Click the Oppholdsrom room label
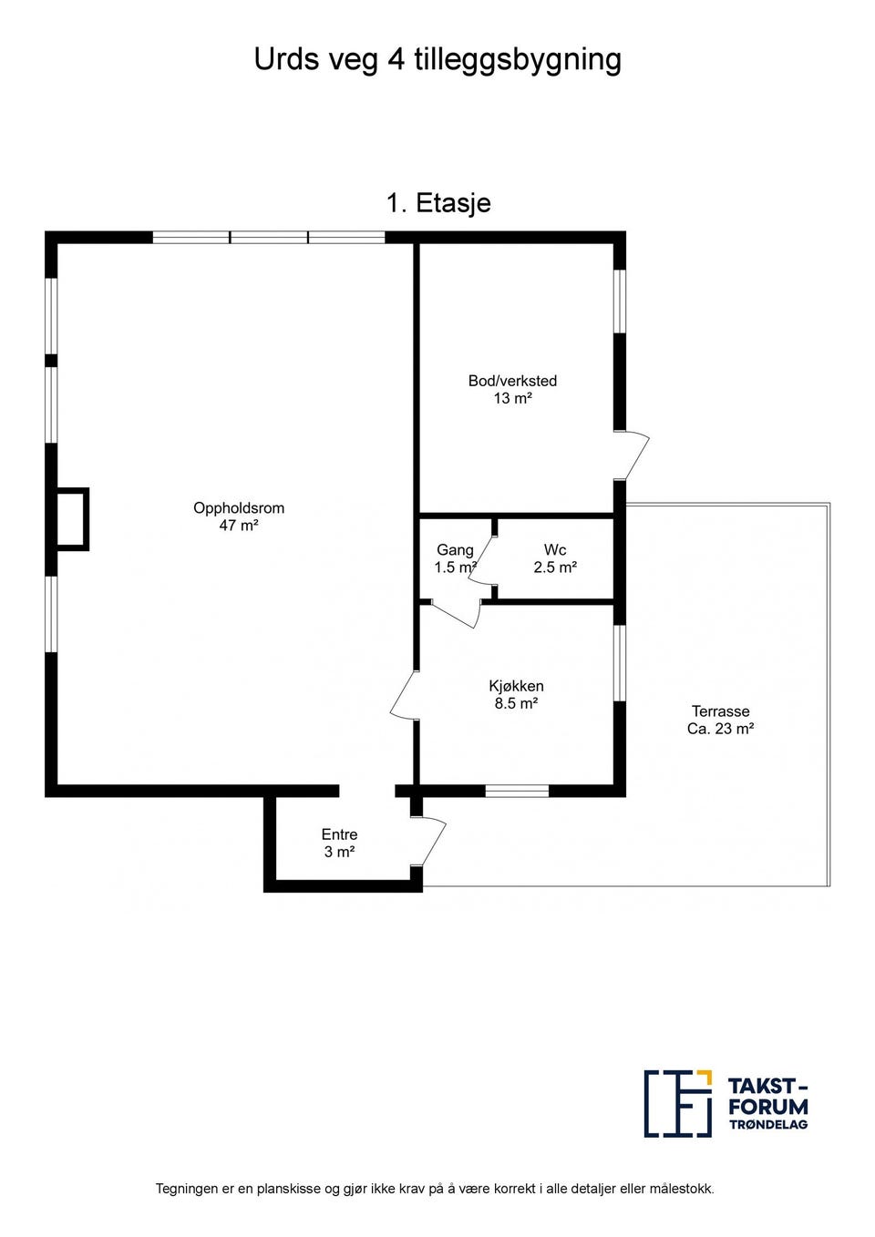239,507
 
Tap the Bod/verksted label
512,381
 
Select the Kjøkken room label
516,686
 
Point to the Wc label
555,549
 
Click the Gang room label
455,550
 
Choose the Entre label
339,834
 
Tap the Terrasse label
720,711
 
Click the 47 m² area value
239,526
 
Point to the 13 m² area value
512,398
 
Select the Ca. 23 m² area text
720,729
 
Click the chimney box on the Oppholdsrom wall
72,519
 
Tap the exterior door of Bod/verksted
632,455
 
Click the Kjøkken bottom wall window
517,791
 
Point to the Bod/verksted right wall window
620,302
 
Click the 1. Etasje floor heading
438,203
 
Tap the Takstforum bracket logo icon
678,1103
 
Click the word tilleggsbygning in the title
519,60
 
